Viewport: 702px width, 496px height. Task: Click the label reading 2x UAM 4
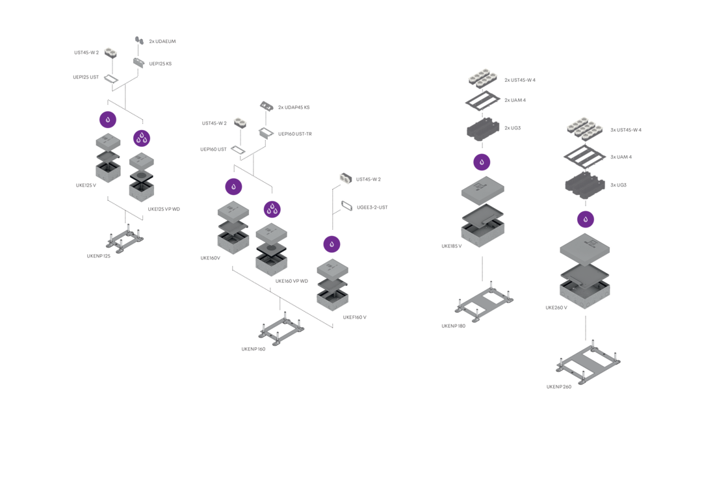tap(515, 100)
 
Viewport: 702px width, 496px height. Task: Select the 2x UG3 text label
tap(512, 128)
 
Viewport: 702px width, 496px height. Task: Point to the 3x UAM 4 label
tap(621, 157)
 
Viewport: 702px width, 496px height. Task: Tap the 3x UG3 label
tap(618, 185)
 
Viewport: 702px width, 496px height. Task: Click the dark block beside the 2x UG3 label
tap(484, 129)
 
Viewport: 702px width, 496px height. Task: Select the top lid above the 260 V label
tap(584, 248)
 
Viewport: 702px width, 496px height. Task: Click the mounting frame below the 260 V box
tap(589, 365)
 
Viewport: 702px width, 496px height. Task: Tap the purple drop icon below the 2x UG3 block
tap(482, 163)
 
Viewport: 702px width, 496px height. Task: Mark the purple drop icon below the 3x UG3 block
tap(586, 219)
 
